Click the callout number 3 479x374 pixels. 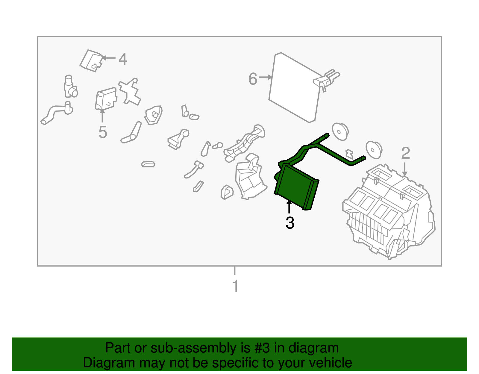[x=290, y=223]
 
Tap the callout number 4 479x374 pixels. [x=123, y=59]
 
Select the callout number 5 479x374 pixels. [x=102, y=132]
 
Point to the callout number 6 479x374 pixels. [x=253, y=79]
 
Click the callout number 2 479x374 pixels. [x=405, y=153]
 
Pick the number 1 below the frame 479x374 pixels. [x=236, y=286]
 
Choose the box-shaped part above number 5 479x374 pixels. [x=106, y=99]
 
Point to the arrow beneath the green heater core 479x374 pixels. [x=289, y=207]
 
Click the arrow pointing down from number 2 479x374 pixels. [x=404, y=169]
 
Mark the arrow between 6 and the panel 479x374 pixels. [x=266, y=77]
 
